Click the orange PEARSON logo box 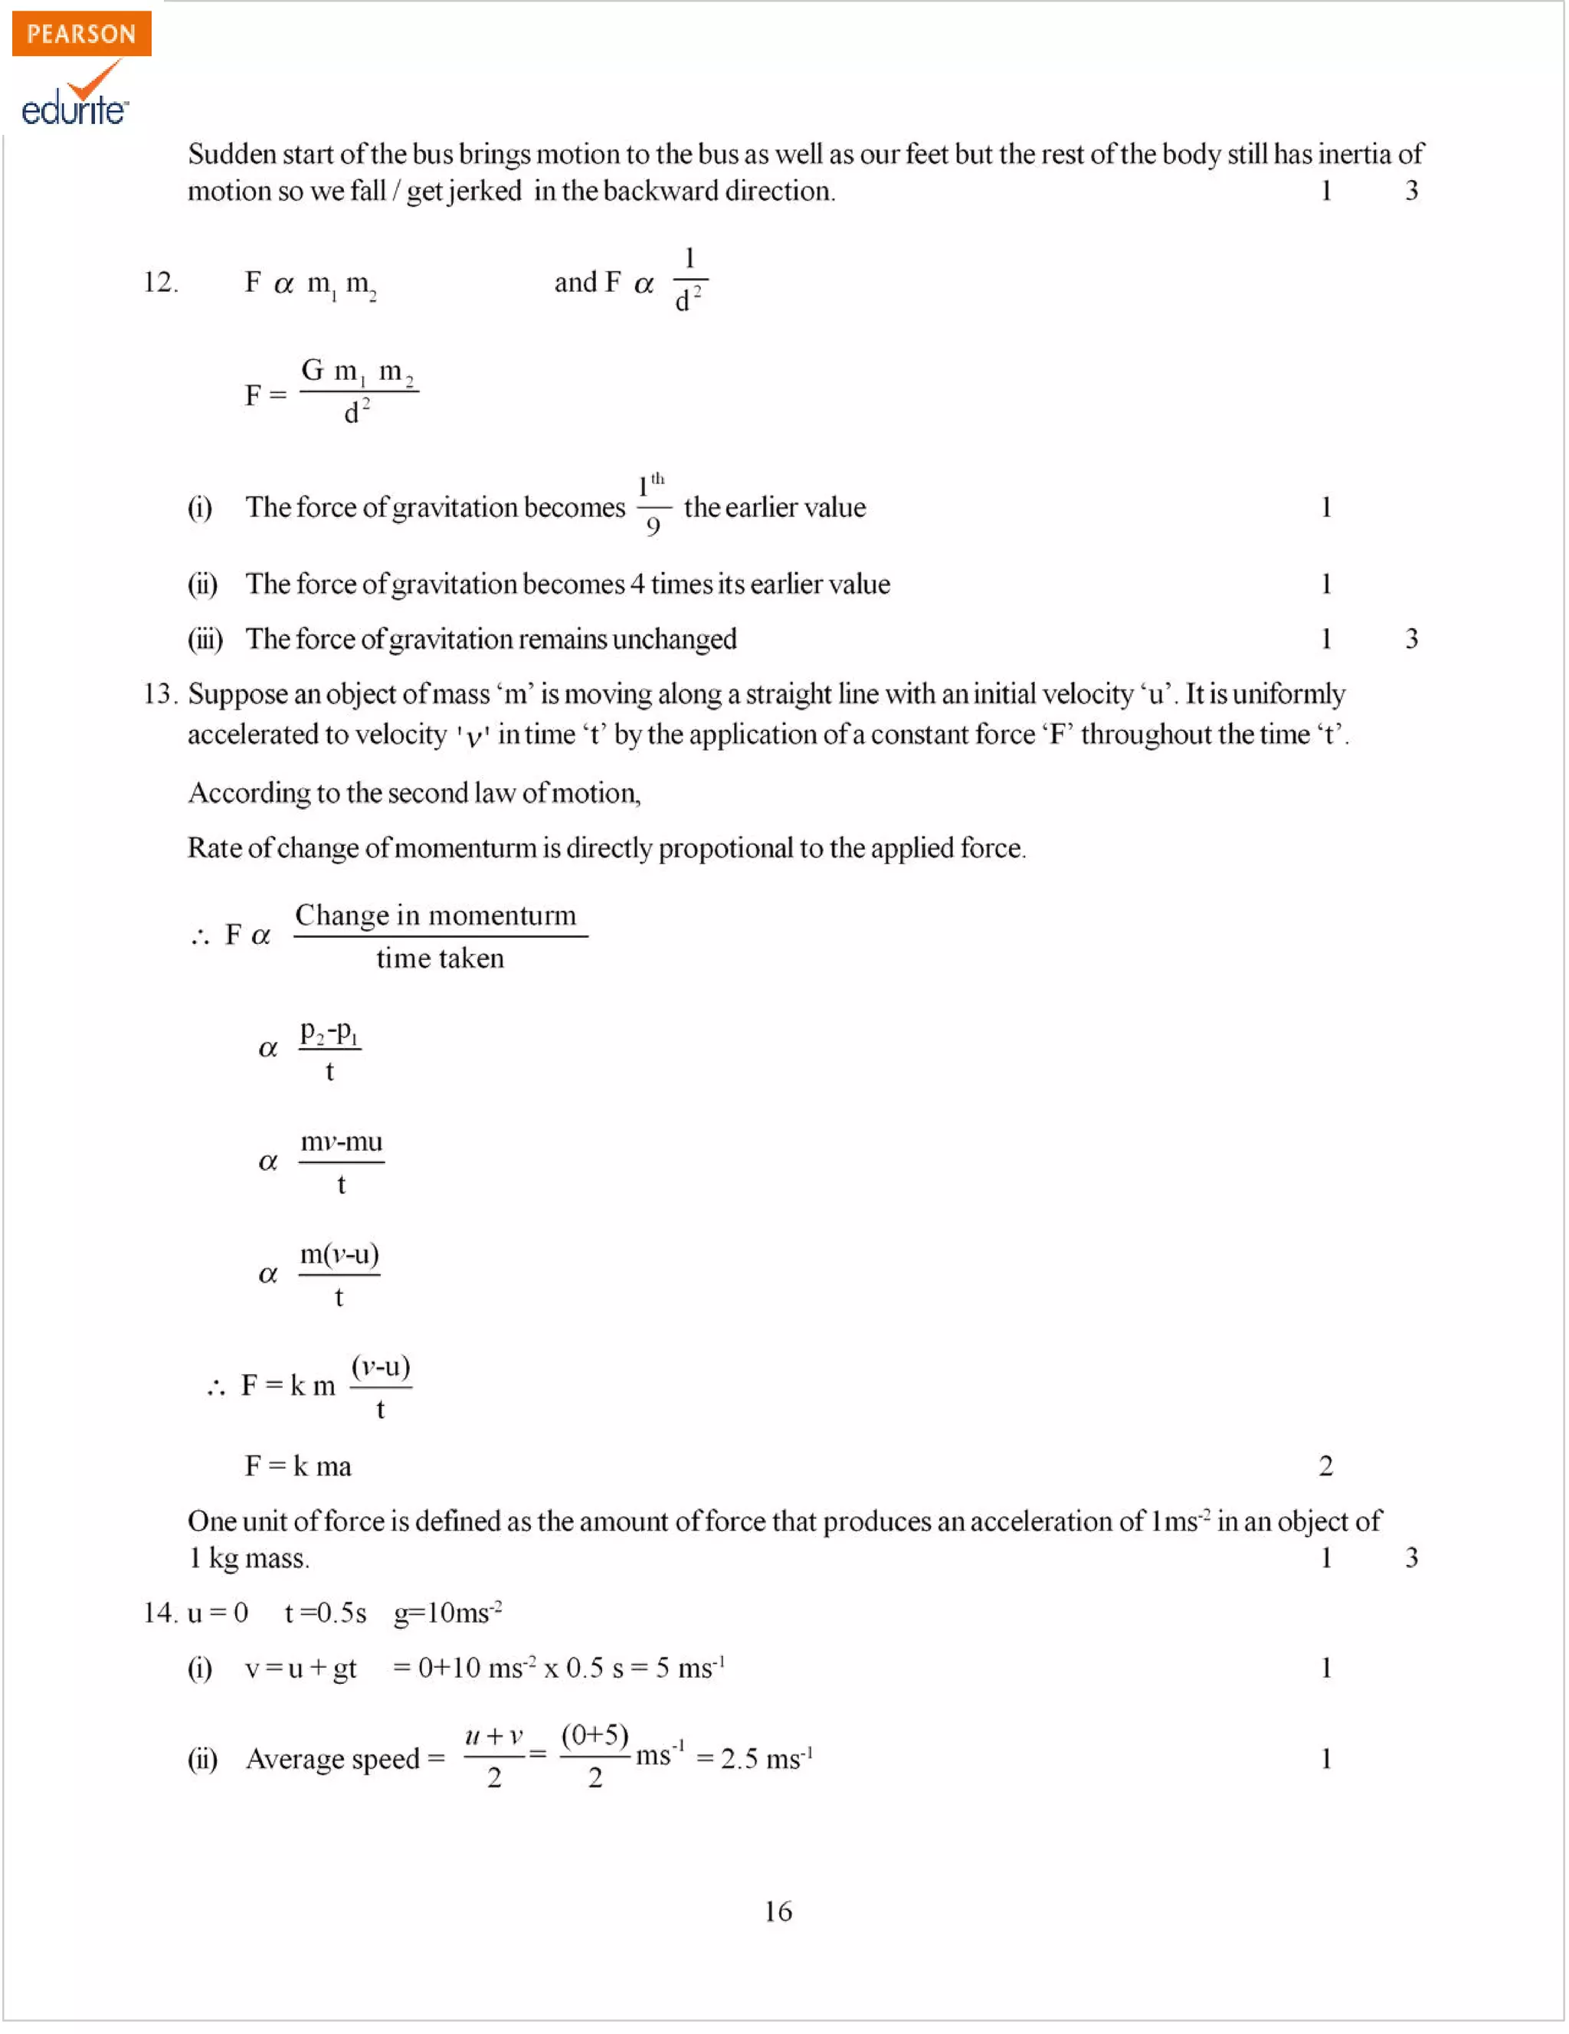pos(81,34)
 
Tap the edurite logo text pos(74,109)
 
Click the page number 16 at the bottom pos(778,1912)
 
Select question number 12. pos(160,282)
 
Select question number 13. pos(159,694)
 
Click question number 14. pos(159,1613)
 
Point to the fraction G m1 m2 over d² pos(359,392)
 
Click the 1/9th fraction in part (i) pos(653,506)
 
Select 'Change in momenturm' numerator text pos(436,915)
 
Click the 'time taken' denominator pos(440,959)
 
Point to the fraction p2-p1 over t pos(329,1050)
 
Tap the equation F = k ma pos(298,1467)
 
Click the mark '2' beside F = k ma pos(1326,1467)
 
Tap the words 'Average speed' pos(332,1759)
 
